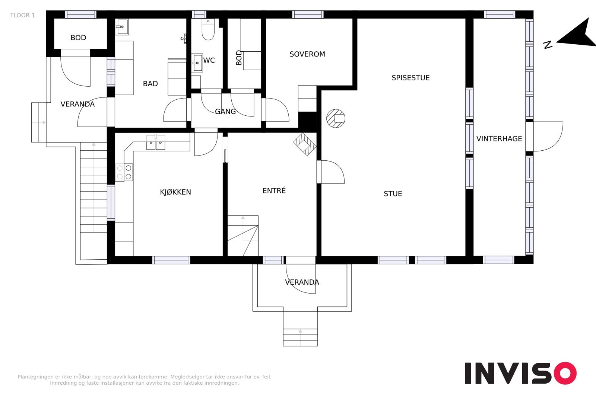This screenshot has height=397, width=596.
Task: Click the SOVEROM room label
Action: point(307,54)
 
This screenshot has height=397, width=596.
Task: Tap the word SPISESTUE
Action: point(410,78)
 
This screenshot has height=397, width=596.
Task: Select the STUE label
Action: point(393,194)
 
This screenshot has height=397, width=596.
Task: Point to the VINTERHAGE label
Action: point(499,139)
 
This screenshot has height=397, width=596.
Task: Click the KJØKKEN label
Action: point(175,192)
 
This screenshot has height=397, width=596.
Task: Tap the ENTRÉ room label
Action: point(274,191)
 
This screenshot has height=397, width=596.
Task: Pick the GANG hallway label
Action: point(225,112)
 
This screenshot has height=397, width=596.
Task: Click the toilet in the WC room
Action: point(208,29)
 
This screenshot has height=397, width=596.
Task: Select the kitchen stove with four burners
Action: point(124,173)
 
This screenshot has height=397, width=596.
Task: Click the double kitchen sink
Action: point(156,143)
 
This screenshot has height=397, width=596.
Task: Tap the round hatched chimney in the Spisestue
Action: point(336,119)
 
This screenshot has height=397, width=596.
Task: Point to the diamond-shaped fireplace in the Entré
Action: point(305,144)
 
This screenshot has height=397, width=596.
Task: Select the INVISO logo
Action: point(521,373)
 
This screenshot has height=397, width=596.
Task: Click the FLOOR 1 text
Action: point(23,15)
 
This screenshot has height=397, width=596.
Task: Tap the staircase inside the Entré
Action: point(243,236)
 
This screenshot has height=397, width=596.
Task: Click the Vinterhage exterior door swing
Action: point(548,137)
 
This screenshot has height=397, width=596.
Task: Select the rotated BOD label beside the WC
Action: point(239,58)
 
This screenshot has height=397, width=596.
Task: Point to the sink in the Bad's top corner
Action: point(122,26)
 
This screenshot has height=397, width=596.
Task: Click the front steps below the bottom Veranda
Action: point(300,337)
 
